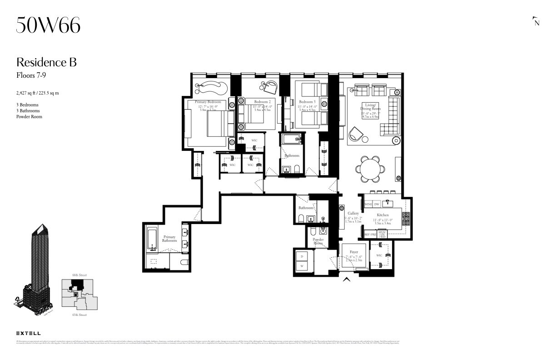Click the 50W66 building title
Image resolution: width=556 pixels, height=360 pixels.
pyautogui.click(x=48, y=25)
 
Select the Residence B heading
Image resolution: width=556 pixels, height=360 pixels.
pyautogui.click(x=46, y=62)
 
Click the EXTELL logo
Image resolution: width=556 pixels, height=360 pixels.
pyautogui.click(x=28, y=333)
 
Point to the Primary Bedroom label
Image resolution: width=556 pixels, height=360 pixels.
pyautogui.click(x=208, y=102)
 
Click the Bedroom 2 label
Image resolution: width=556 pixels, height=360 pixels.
pyautogui.click(x=262, y=102)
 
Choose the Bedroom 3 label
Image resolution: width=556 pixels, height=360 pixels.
pyautogui.click(x=307, y=102)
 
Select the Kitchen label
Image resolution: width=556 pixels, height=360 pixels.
pyautogui.click(x=382, y=215)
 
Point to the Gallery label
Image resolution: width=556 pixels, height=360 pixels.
pyautogui.click(x=353, y=213)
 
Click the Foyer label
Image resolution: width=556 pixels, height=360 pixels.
pyautogui.click(x=353, y=252)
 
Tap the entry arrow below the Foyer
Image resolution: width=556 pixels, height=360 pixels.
pyautogui.click(x=347, y=280)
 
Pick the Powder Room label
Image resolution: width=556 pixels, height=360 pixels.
pyautogui.click(x=318, y=241)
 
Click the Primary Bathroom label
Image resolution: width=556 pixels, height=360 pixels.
pyautogui.click(x=169, y=239)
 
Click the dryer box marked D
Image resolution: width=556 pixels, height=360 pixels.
pyautogui.click(x=302, y=256)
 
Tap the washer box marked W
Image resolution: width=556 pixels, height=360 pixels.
pyautogui.click(x=302, y=266)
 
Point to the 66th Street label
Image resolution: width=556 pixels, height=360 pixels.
pyautogui.click(x=79, y=275)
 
